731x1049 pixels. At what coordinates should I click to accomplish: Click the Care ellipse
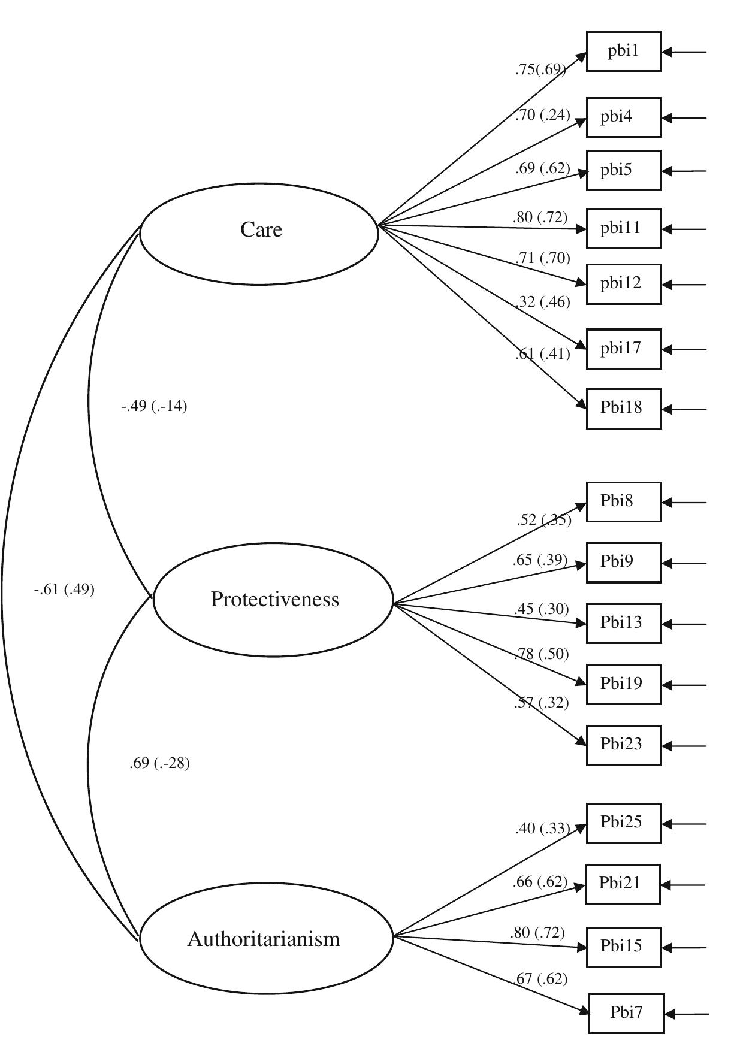click(x=259, y=233)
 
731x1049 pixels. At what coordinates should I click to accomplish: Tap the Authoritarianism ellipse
click(x=265, y=939)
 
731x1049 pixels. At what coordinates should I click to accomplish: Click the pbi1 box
click(x=623, y=52)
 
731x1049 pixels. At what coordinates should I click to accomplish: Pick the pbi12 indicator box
click(x=623, y=284)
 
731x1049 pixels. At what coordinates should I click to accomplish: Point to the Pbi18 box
click(x=623, y=409)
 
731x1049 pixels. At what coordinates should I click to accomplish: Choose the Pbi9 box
click(x=623, y=563)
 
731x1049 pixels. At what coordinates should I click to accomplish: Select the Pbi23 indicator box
click(x=623, y=745)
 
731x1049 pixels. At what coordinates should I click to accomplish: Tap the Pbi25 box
click(x=623, y=823)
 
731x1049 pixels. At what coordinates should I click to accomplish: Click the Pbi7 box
click(x=626, y=1014)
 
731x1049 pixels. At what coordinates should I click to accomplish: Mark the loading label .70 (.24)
click(x=542, y=115)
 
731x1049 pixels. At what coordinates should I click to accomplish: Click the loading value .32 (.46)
click(x=542, y=301)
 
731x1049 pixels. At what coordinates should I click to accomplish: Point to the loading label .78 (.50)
click(x=541, y=654)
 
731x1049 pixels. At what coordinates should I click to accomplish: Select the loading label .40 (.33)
click(x=542, y=829)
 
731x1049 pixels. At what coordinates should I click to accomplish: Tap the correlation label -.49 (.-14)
click(x=154, y=407)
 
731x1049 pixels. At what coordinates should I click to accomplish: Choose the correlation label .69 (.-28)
click(x=159, y=764)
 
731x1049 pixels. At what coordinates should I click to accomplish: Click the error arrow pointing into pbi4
click(x=684, y=118)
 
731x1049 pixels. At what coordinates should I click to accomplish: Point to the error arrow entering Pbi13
click(x=684, y=624)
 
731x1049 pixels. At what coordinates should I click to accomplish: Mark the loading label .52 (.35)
click(x=543, y=520)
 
